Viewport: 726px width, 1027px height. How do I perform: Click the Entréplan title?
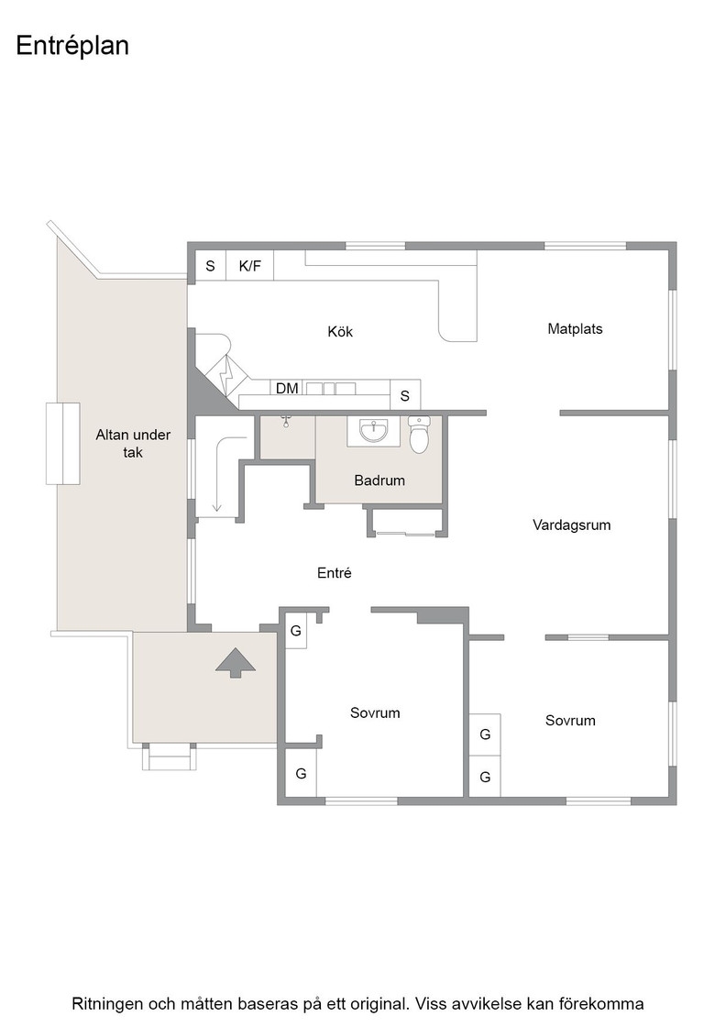coord(72,47)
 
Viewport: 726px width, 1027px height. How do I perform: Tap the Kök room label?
coord(340,331)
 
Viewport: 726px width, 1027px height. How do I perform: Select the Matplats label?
coord(575,329)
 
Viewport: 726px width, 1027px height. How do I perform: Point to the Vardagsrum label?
coord(571,525)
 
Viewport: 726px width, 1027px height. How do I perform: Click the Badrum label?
coord(379,480)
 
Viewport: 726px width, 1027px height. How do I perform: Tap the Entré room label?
coord(335,573)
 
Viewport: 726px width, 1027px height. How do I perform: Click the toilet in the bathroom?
coord(419,435)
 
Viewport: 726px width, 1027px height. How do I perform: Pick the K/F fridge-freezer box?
coord(249,266)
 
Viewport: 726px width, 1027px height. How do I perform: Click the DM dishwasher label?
coord(287,389)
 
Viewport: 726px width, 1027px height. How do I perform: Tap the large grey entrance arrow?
coord(236,663)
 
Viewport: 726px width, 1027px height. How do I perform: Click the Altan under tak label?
coord(133,444)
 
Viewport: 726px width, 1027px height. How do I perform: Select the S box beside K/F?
coord(210,266)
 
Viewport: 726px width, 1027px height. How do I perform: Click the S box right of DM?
coord(405,395)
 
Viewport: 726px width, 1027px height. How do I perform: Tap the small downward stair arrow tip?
coord(216,512)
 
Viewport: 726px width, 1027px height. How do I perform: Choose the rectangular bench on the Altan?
coord(63,444)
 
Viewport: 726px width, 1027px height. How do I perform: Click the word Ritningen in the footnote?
coord(106,1004)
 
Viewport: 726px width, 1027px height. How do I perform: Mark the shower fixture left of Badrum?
coord(285,420)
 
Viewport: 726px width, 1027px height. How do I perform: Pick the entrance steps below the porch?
coord(170,757)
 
